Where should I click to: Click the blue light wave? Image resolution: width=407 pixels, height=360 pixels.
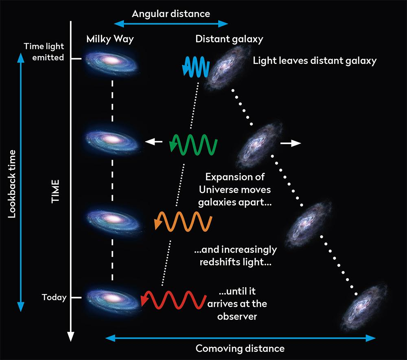point(196,66)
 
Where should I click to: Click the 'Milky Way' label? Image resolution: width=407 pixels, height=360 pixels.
point(110,40)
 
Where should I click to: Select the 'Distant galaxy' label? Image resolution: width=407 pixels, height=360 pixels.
point(229,40)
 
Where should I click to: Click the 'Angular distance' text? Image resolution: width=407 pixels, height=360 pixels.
point(171,14)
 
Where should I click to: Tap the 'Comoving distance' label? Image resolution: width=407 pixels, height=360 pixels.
point(240,349)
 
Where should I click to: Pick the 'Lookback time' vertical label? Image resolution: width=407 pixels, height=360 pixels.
point(12,184)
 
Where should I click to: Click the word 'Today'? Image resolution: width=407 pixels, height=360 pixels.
point(54,298)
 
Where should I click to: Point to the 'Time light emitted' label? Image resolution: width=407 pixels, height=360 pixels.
point(44,52)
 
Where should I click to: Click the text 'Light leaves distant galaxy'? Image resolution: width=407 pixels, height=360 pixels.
point(315,61)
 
